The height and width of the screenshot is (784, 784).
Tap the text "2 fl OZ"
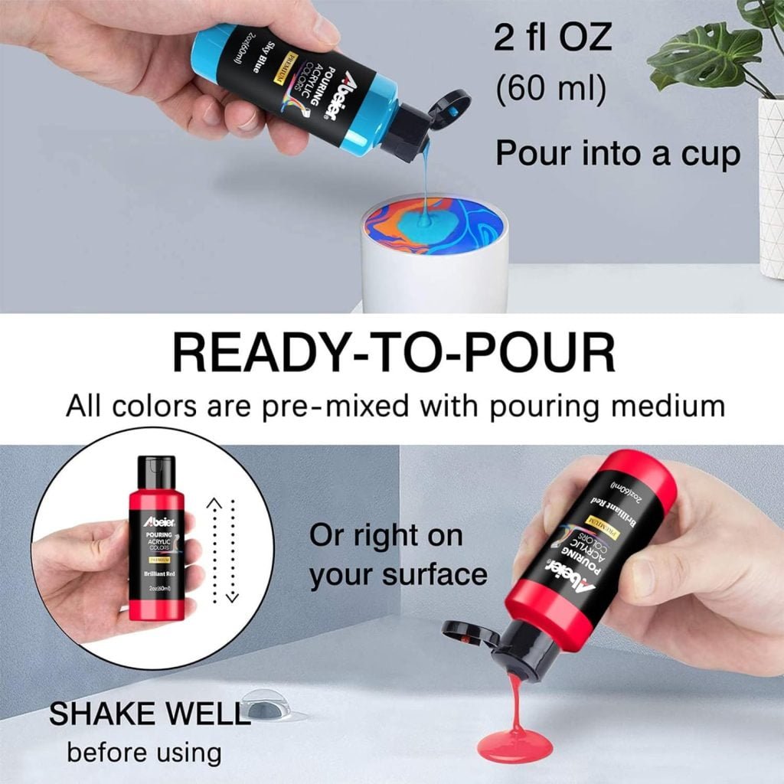[x=552, y=38]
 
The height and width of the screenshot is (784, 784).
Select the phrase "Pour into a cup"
[x=618, y=154]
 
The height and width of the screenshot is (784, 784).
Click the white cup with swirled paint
[x=434, y=253]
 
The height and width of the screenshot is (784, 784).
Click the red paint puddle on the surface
[x=514, y=742]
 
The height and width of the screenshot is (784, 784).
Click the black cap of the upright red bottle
[x=156, y=473]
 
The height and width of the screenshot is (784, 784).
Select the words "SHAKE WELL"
[x=150, y=714]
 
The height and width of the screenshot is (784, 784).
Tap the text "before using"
[x=143, y=751]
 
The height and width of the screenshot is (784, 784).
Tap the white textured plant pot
[x=770, y=184]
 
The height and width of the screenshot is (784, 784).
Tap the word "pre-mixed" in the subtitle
[x=332, y=406]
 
